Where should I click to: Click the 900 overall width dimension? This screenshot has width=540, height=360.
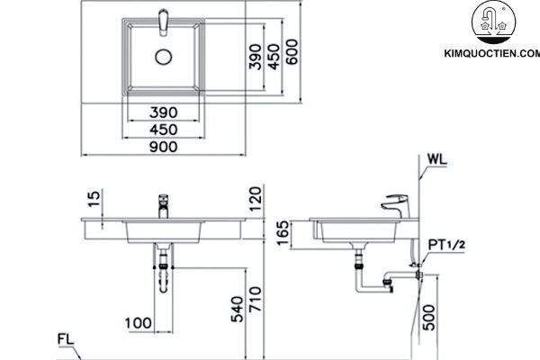[163, 148]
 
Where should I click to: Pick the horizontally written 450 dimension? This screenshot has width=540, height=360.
[163, 130]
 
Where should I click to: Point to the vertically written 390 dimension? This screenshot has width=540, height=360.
[255, 55]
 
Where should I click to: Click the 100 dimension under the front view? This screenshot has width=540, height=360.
[138, 322]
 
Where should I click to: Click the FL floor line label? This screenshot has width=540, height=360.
[64, 339]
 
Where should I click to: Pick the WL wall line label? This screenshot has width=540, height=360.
[438, 161]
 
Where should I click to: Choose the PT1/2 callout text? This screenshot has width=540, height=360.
[446, 244]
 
